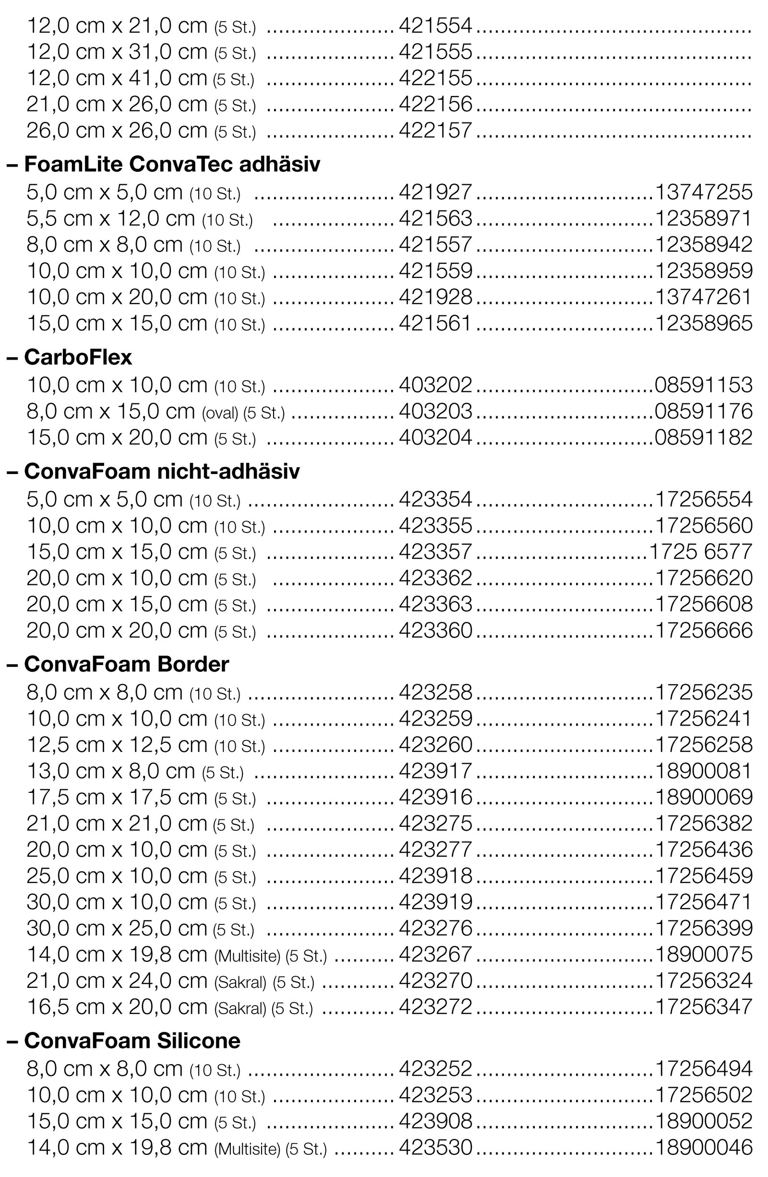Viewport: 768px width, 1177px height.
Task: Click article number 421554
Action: point(435,26)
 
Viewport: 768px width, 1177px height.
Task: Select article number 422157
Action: point(435,131)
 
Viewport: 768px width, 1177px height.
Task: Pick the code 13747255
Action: point(703,193)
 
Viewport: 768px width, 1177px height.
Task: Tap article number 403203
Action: point(435,412)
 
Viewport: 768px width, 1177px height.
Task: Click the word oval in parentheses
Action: point(220,413)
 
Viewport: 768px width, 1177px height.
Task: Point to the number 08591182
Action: point(703,437)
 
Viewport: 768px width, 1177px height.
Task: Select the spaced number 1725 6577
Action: point(701,552)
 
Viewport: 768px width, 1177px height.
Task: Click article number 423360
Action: point(435,631)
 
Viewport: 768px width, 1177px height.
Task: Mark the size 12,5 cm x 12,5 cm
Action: point(117,745)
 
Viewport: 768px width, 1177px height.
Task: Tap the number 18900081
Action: point(703,771)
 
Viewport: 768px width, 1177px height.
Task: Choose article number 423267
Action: point(435,955)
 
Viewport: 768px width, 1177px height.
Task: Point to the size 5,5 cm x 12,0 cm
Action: point(111,218)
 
